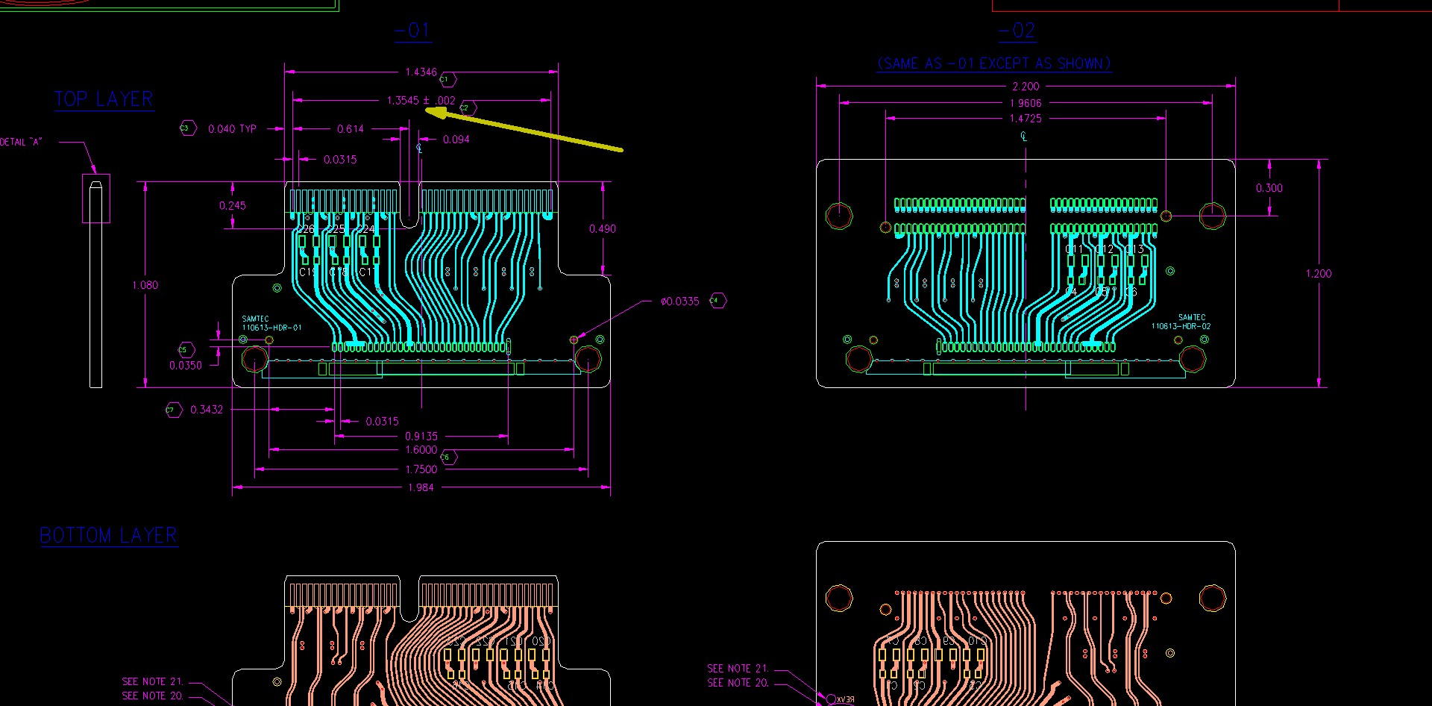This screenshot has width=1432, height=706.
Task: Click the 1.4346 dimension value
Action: click(421, 72)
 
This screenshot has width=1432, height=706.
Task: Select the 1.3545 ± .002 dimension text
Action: click(421, 101)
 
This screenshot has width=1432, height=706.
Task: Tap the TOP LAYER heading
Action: click(104, 99)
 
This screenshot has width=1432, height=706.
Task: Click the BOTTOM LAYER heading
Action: click(108, 536)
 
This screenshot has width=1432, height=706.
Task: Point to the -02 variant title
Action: click(1017, 31)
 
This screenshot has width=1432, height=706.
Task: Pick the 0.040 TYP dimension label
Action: click(232, 129)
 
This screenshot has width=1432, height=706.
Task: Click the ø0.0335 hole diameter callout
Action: click(679, 302)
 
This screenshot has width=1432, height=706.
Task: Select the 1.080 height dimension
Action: click(145, 285)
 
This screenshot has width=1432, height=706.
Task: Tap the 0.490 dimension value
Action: click(602, 229)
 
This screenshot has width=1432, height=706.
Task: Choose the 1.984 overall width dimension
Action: click(421, 488)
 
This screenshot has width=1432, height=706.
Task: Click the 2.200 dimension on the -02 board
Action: click(1026, 87)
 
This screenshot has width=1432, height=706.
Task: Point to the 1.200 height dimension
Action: click(1318, 274)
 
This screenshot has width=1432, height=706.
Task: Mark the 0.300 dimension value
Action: click(1269, 188)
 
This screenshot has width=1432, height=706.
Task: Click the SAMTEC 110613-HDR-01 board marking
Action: click(271, 323)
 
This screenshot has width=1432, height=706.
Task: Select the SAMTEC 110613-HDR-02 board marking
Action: click(1181, 322)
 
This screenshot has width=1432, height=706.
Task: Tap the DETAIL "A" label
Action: click(21, 142)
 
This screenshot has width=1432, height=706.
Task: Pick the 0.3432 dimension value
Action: click(206, 410)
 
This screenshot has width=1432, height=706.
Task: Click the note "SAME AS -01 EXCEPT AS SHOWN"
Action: click(994, 64)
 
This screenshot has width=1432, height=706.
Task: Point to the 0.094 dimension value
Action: click(456, 140)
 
